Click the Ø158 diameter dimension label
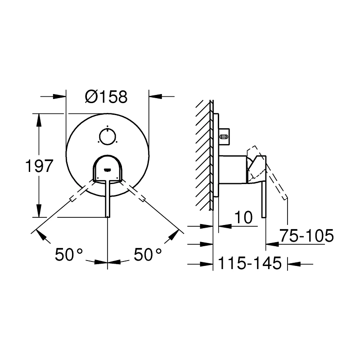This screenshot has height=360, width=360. tap(106, 96)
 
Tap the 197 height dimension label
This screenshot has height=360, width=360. tap(39, 166)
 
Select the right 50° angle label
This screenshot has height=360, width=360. tap(148, 255)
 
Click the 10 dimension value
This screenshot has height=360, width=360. tap(243, 218)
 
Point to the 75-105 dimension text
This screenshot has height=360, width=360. tap(306, 235)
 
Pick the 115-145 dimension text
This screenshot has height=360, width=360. tap(250, 263)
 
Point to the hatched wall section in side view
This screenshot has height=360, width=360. tap(204, 153)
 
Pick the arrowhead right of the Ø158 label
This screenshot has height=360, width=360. tap(155, 96)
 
